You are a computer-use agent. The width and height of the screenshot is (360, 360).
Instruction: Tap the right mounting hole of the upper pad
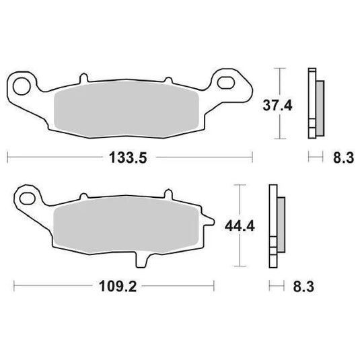[x=233, y=84]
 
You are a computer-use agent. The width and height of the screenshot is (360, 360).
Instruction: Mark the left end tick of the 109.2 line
[x=15, y=287]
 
